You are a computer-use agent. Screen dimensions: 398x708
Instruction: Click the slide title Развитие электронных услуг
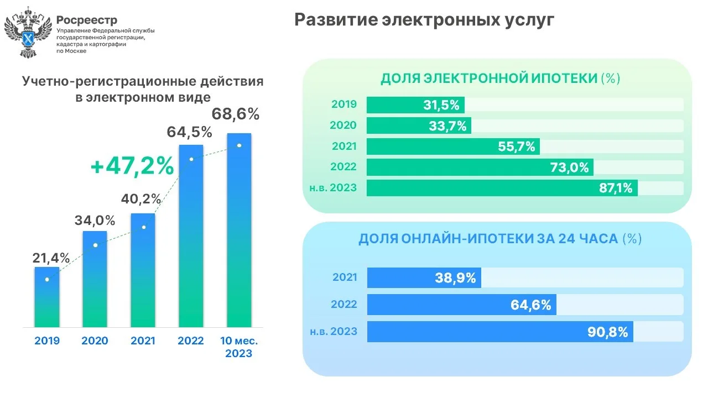[424, 20]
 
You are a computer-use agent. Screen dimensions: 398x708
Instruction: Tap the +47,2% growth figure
[133, 166]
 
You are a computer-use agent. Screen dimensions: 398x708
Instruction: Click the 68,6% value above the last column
[236, 114]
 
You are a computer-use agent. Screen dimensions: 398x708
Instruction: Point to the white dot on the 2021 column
[144, 227]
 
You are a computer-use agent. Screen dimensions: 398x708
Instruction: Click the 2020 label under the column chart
[95, 341]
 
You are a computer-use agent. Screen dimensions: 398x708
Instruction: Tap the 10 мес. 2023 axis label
[239, 347]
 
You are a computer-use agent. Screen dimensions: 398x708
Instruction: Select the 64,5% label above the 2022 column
[190, 132]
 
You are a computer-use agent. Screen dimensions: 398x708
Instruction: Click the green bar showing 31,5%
[415, 105]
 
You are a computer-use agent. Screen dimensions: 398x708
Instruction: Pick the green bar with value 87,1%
[502, 188]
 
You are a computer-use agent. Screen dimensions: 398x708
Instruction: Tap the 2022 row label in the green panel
[343, 166]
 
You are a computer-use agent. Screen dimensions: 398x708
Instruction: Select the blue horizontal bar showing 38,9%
[424, 278]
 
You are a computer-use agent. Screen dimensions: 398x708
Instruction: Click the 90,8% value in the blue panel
[607, 332]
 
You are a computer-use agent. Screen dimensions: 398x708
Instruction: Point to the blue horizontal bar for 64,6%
[462, 305]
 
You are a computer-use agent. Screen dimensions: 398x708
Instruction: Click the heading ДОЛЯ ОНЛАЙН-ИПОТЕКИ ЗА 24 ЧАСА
[489, 239]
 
